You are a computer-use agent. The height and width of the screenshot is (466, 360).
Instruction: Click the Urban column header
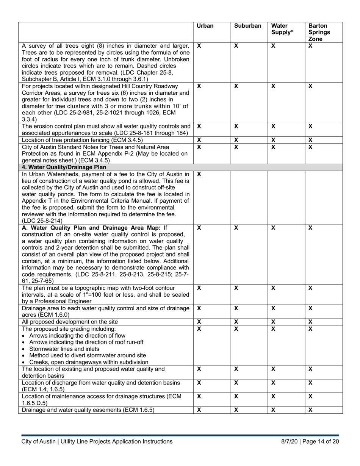coord(205,26)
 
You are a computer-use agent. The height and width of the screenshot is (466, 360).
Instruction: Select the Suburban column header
coord(247,26)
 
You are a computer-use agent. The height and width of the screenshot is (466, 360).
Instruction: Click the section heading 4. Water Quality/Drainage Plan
coord(64,167)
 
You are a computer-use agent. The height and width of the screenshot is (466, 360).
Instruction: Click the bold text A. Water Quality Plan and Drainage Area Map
coord(92,228)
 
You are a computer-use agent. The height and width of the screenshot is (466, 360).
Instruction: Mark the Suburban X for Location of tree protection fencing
coord(236,140)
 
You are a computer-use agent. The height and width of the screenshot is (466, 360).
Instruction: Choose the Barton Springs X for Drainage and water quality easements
coord(310,410)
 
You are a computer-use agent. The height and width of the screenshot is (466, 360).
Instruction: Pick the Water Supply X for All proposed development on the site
coord(273,322)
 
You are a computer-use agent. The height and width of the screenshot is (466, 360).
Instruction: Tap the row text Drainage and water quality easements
coord(88,410)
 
